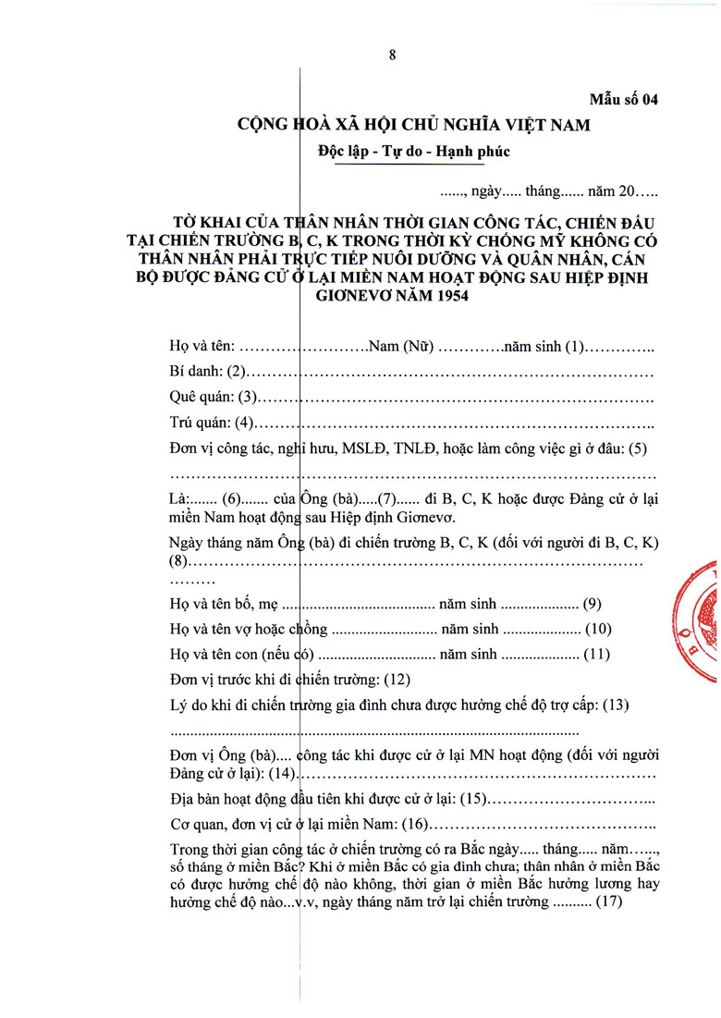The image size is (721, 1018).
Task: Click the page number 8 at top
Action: tap(392, 55)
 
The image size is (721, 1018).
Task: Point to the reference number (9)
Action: tap(593, 605)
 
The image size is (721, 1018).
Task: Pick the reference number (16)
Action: tap(414, 824)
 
